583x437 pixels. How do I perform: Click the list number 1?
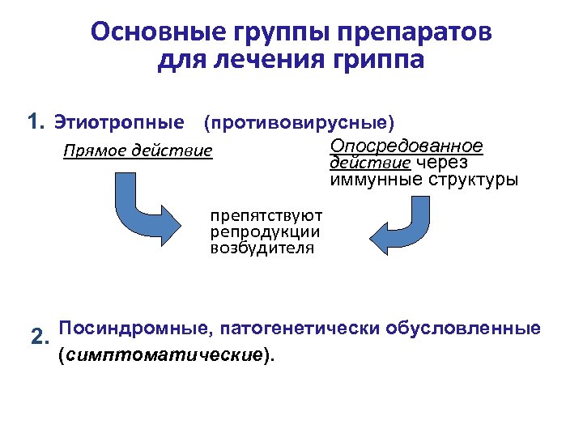(x=35, y=122)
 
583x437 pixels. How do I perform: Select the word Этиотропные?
(x=118, y=123)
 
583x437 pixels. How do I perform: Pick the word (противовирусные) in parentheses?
(x=299, y=123)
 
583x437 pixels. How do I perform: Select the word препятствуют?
(x=266, y=216)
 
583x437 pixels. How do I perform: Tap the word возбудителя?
(x=262, y=248)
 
